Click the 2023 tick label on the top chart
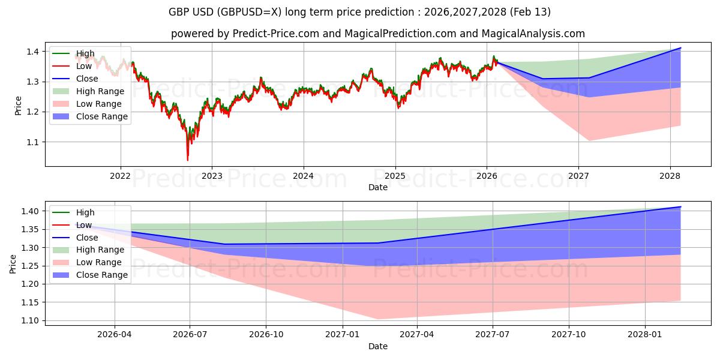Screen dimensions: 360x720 (212, 176)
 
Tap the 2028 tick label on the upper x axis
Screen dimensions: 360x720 (670, 176)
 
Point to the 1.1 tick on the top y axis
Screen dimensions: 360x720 (32, 142)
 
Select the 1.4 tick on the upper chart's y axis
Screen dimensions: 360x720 (32, 52)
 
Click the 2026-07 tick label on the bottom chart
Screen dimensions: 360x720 (190, 335)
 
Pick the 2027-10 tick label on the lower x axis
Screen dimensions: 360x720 (569, 335)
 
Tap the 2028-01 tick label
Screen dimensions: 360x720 (645, 335)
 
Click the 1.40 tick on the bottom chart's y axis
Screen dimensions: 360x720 (30, 211)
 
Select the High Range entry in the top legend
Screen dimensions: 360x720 (100, 91)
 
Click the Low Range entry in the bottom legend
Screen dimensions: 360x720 (99, 262)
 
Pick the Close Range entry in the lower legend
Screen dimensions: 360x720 (101, 275)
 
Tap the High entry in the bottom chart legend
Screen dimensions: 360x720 (85, 212)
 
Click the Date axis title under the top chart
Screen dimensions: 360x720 (378, 187)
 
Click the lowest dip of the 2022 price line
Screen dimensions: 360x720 (187, 160)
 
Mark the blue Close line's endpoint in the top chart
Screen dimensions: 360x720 (680, 48)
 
